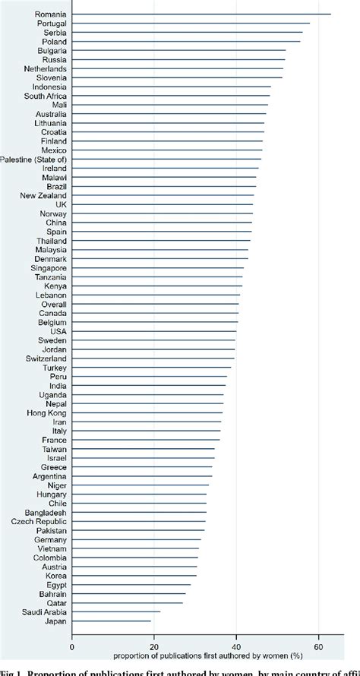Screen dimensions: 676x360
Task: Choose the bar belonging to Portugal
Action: (191, 23)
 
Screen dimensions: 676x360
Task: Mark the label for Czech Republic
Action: (39, 521)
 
